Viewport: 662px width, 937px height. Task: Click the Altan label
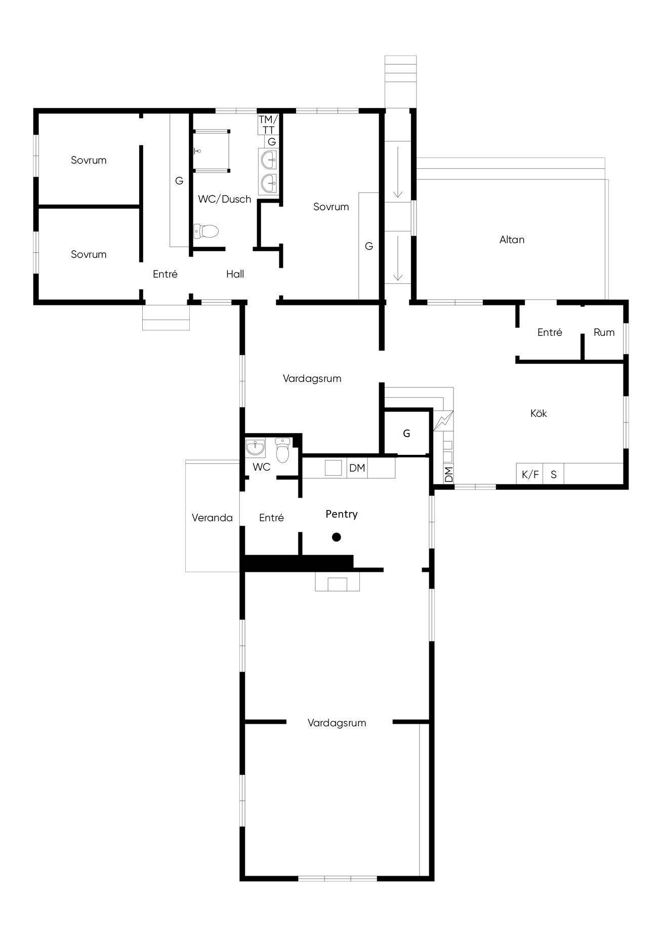[x=512, y=240]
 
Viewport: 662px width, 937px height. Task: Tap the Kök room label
[x=539, y=413]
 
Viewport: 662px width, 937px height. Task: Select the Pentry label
[x=342, y=515]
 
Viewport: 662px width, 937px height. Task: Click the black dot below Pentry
[x=337, y=537]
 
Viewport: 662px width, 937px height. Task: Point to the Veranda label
[x=212, y=518]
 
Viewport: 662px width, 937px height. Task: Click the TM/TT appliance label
[x=268, y=125]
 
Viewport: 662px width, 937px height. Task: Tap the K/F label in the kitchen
[x=530, y=475]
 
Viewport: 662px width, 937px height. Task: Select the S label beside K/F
[x=554, y=475]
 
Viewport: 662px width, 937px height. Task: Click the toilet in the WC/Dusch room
[x=206, y=231]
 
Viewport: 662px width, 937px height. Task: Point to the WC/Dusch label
[x=225, y=199]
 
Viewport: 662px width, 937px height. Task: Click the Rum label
[x=604, y=333]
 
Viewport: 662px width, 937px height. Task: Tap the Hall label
[x=235, y=274]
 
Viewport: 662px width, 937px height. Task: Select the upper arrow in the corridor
[x=398, y=172]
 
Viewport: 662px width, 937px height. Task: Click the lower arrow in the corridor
[x=398, y=258]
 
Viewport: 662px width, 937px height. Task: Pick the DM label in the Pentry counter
[x=357, y=468]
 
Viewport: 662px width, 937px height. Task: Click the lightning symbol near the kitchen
[x=443, y=421]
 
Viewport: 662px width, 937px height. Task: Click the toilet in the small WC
[x=282, y=450]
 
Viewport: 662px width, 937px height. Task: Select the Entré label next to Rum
[x=550, y=333]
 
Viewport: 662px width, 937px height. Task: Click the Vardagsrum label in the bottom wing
[x=337, y=723]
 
